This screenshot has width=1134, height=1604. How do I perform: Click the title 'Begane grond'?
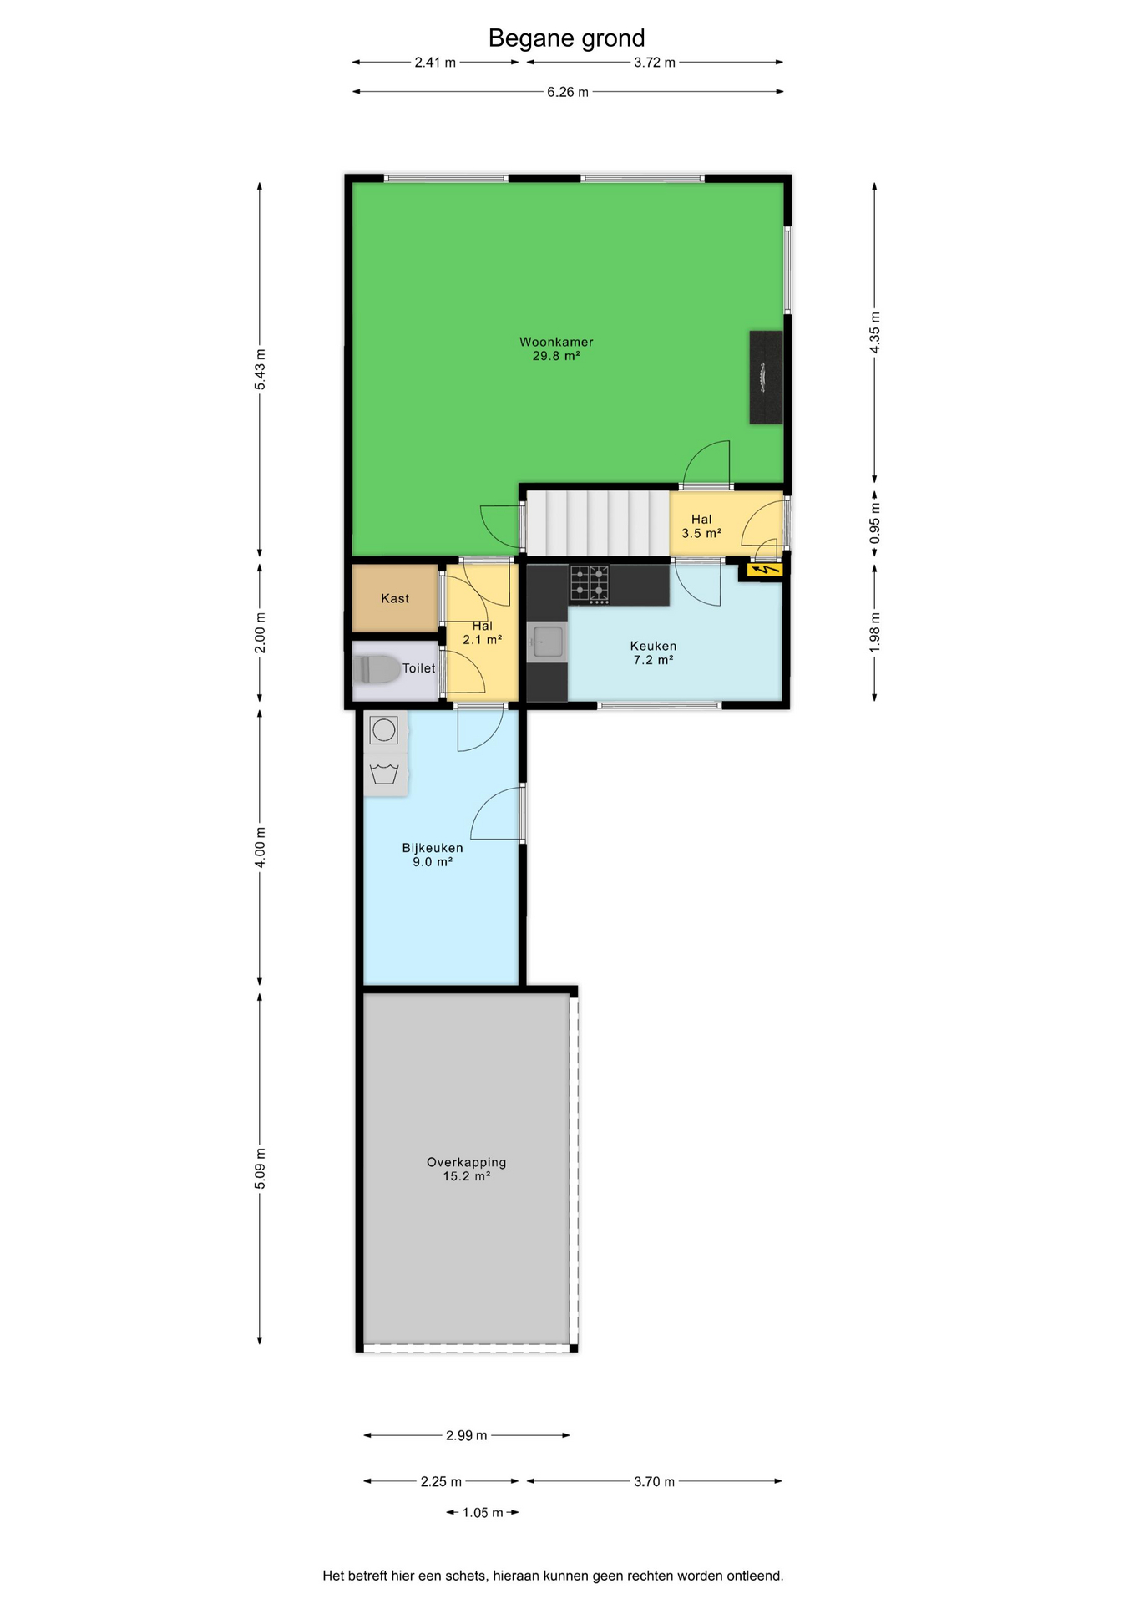tap(566, 38)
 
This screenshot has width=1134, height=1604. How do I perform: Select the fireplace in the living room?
tap(766, 378)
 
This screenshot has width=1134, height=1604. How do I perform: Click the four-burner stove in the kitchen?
tap(590, 584)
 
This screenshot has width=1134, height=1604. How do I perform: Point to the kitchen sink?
tap(547, 642)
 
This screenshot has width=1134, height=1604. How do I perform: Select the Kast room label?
tap(395, 598)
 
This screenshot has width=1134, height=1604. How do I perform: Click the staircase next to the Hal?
tap(597, 523)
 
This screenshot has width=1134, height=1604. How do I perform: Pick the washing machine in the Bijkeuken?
tap(384, 730)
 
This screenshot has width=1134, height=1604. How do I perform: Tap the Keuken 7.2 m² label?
tap(653, 652)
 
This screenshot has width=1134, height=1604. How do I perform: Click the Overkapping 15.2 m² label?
tap(466, 1169)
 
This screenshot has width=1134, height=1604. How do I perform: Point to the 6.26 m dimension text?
tap(568, 92)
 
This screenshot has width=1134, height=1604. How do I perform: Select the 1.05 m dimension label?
tap(483, 1512)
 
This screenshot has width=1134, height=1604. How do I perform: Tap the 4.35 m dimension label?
tap(875, 332)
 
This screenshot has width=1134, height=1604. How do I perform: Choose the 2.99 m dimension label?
tap(466, 1435)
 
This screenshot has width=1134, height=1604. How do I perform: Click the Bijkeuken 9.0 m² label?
tap(433, 855)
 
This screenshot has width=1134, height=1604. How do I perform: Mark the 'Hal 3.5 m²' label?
tap(701, 526)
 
